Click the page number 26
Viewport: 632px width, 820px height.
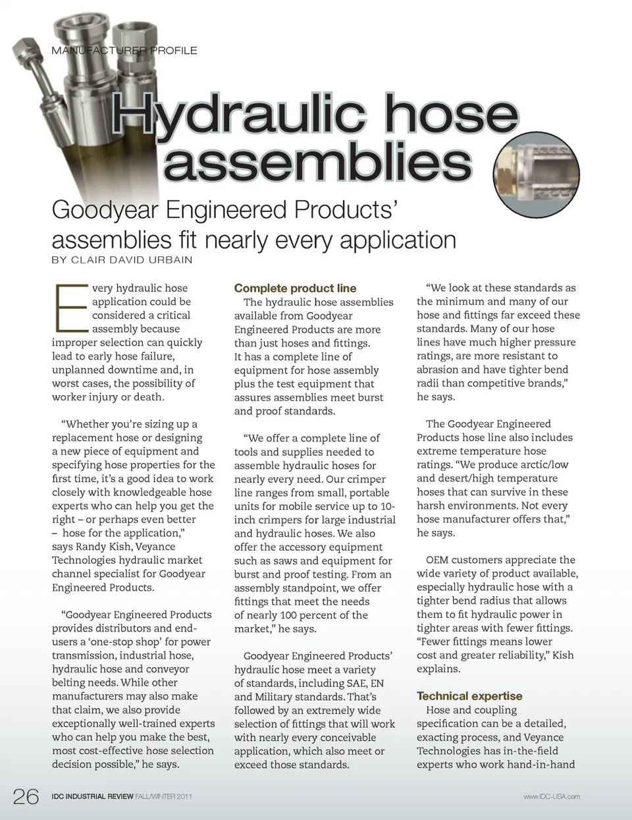pyautogui.click(x=26, y=796)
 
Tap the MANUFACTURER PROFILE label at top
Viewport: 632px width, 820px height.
pyautogui.click(x=124, y=50)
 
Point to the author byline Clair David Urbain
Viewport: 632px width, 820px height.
pyautogui.click(x=122, y=260)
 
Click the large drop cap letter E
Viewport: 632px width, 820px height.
pyautogui.click(x=71, y=308)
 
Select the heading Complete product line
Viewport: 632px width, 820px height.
pyautogui.click(x=295, y=288)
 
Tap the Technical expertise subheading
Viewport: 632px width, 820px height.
pyautogui.click(x=469, y=696)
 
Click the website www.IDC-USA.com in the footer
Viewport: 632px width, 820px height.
pyautogui.click(x=552, y=796)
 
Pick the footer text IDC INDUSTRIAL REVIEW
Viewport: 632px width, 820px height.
pyautogui.click(x=93, y=796)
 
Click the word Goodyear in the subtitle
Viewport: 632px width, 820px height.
pyautogui.click(x=105, y=211)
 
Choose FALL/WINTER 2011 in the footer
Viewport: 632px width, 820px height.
pyautogui.click(x=164, y=796)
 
